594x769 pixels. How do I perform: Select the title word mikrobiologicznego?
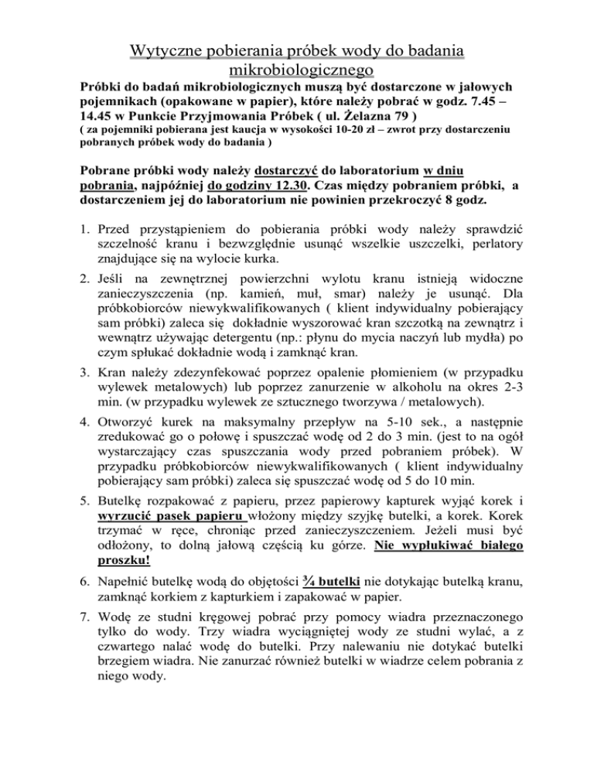[x=296, y=70]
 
